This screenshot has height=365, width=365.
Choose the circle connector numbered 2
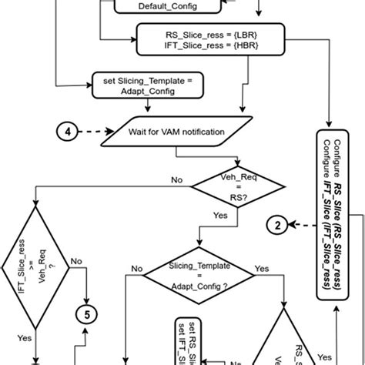[x=276, y=226]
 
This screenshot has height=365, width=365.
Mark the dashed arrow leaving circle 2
[x=300, y=226]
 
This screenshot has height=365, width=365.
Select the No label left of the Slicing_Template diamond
[x=136, y=269]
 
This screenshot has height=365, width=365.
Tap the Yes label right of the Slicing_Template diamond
[x=262, y=269]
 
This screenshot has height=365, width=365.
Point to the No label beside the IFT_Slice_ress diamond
[x=75, y=262]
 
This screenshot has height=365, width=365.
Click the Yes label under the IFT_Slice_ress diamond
[x=25, y=337]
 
